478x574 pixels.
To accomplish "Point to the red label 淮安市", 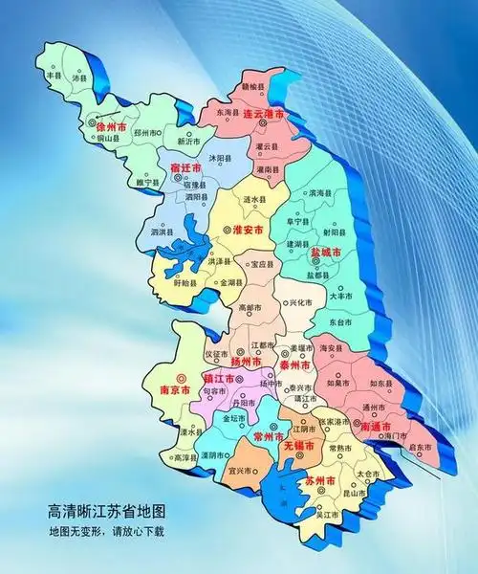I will [x=250, y=230].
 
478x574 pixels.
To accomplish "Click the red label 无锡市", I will [x=299, y=447].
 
